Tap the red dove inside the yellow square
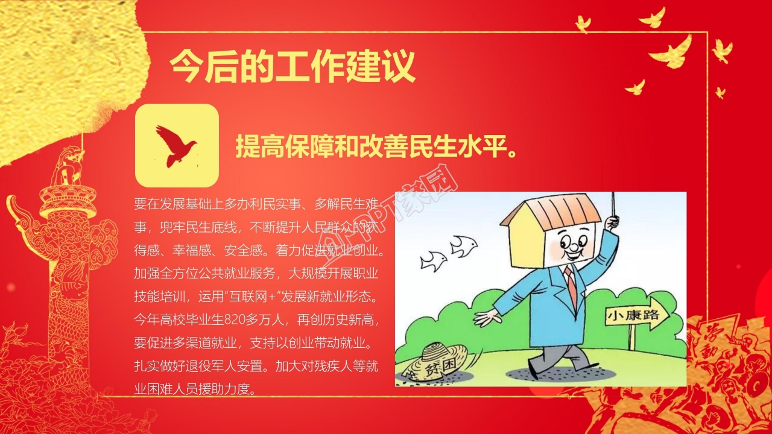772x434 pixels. (176, 145)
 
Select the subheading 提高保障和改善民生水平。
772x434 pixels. (376, 146)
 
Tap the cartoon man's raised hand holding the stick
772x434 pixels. (612, 222)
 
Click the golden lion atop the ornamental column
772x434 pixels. (68, 166)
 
